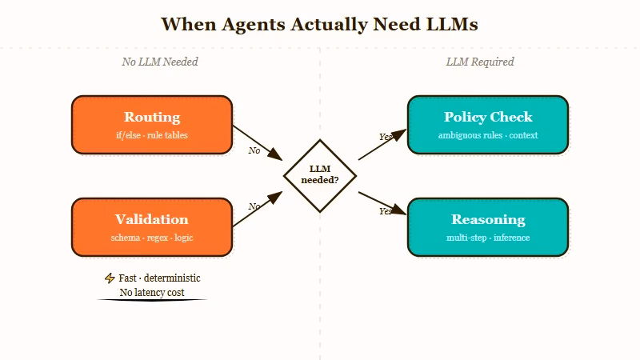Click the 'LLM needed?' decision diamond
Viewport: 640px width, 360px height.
coord(320,176)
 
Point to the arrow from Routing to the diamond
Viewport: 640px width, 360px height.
coord(258,142)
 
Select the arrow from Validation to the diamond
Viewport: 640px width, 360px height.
coord(258,210)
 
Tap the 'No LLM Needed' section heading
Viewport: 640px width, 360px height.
coord(160,62)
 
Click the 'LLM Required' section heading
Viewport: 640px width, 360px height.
coord(480,62)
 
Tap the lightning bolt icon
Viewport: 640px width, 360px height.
coord(110,278)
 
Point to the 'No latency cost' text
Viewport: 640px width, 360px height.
coord(152,293)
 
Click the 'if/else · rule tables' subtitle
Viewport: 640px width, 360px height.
coord(152,135)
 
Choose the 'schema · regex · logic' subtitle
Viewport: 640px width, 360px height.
coord(152,238)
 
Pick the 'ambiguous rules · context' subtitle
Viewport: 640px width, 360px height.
coord(488,135)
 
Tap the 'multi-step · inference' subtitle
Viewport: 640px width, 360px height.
coord(488,238)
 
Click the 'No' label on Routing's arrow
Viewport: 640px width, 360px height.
coord(254,150)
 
